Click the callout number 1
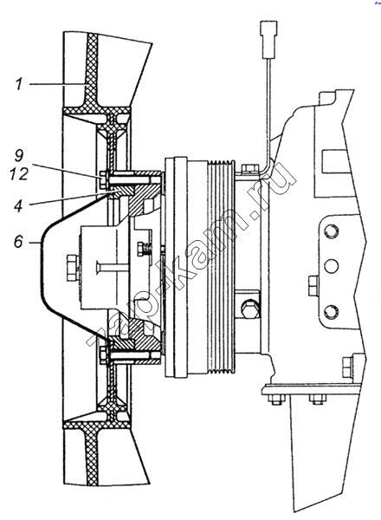pos(19,84)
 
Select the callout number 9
pos(18,155)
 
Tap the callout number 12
pos(19,173)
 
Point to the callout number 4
pos(18,205)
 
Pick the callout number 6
pos(18,242)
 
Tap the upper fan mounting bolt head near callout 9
pos(103,179)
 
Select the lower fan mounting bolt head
pos(103,354)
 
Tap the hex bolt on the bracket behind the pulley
pos(249,309)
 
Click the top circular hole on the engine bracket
pos(331,230)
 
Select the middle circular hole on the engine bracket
pos(331,265)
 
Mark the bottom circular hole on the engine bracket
pos(331,311)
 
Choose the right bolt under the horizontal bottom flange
pos(318,400)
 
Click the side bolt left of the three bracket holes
pos(313,285)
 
